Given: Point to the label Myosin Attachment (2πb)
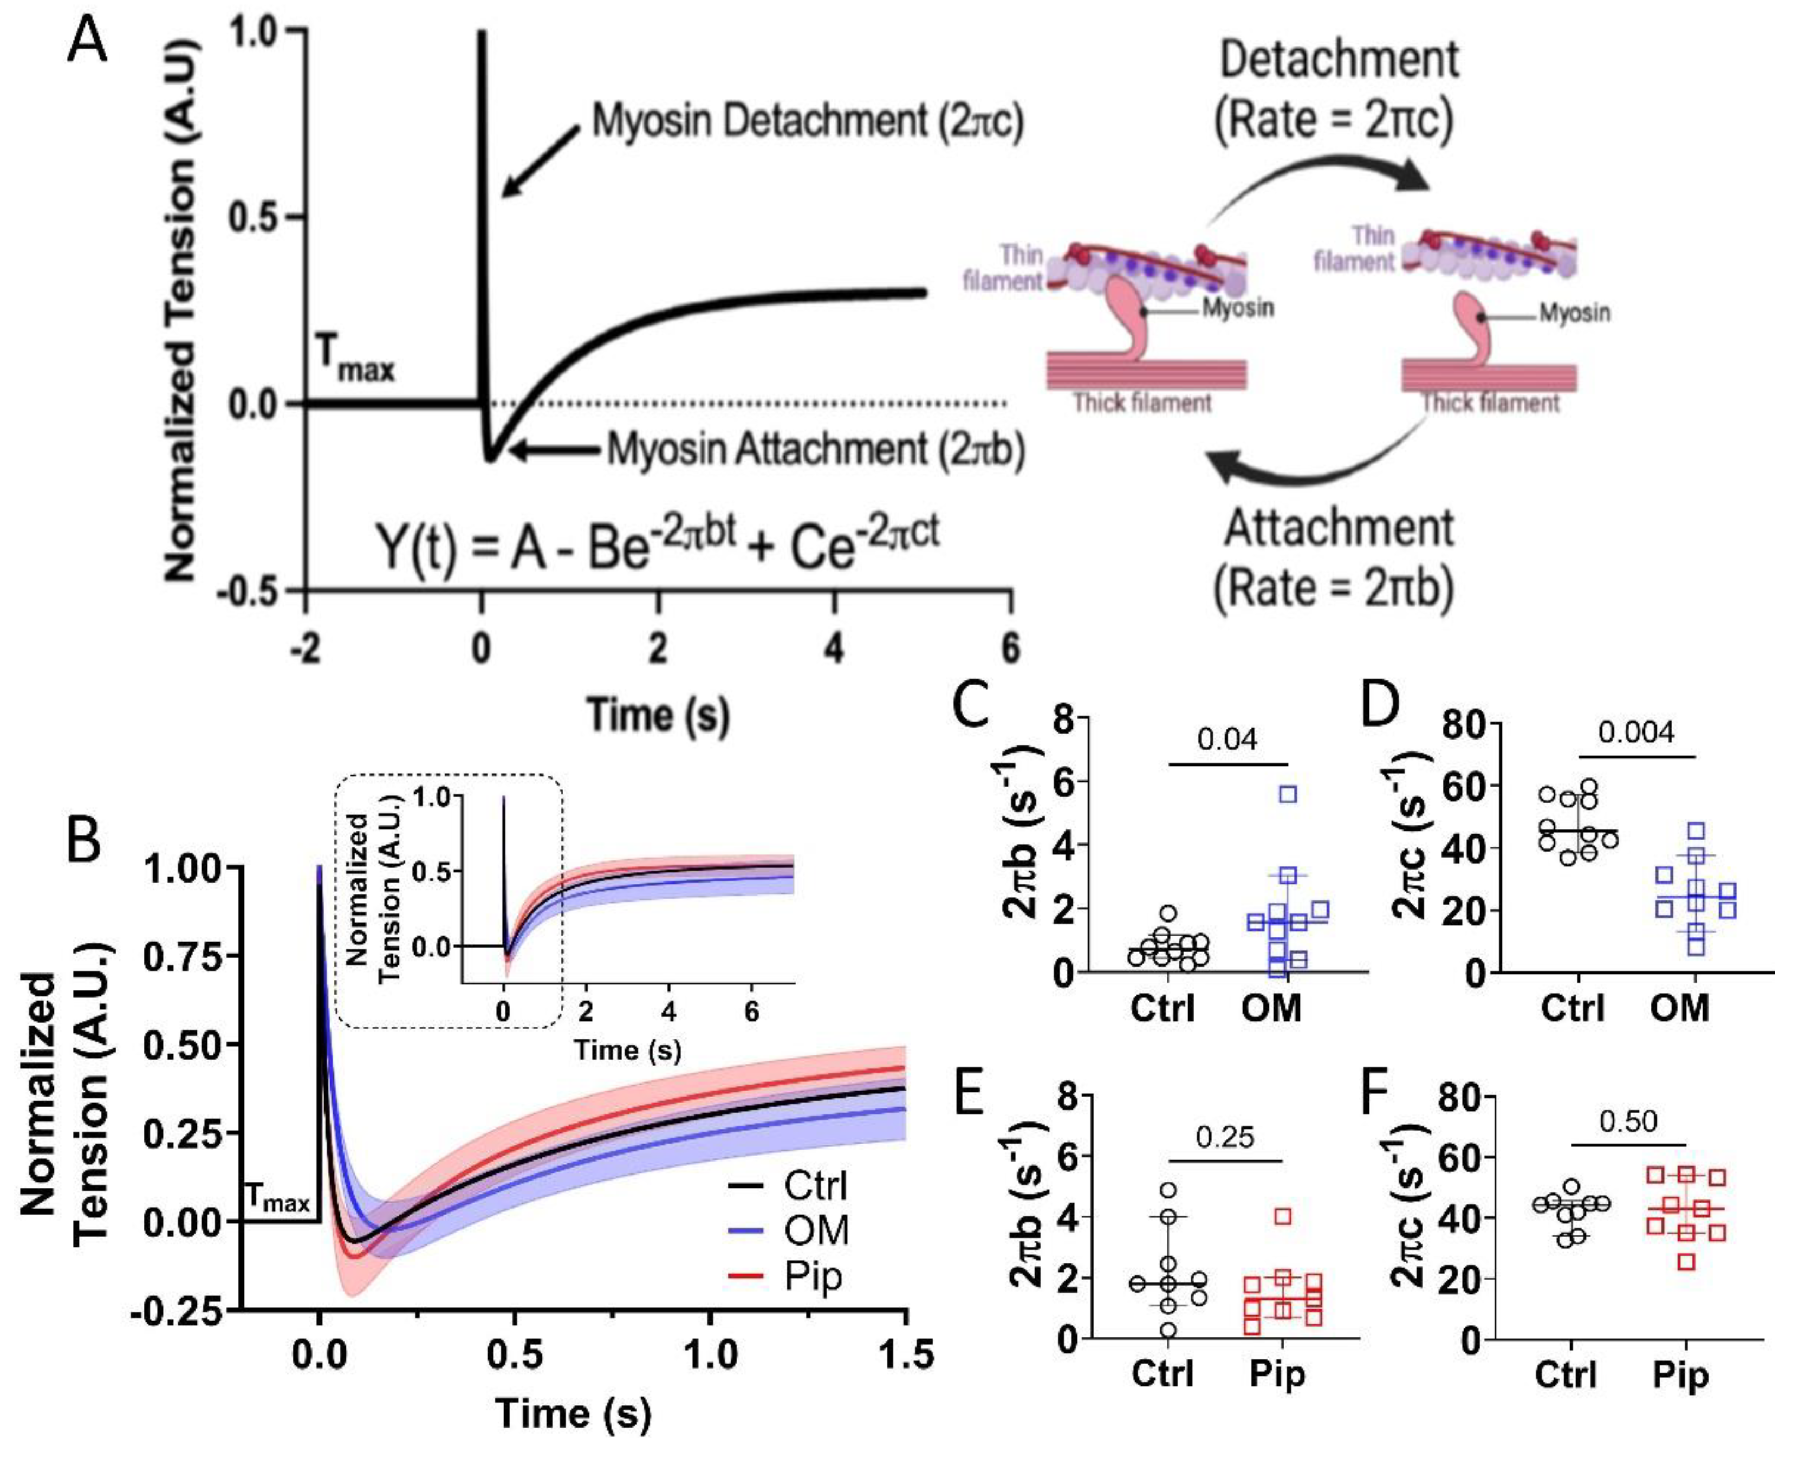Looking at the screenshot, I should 815,450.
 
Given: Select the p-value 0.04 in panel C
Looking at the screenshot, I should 1227,740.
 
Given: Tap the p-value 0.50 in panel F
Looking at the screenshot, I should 1628,1121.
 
